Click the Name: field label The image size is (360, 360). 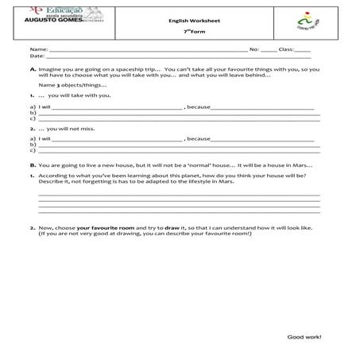coord(38,49)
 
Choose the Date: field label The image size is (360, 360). coord(37,56)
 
